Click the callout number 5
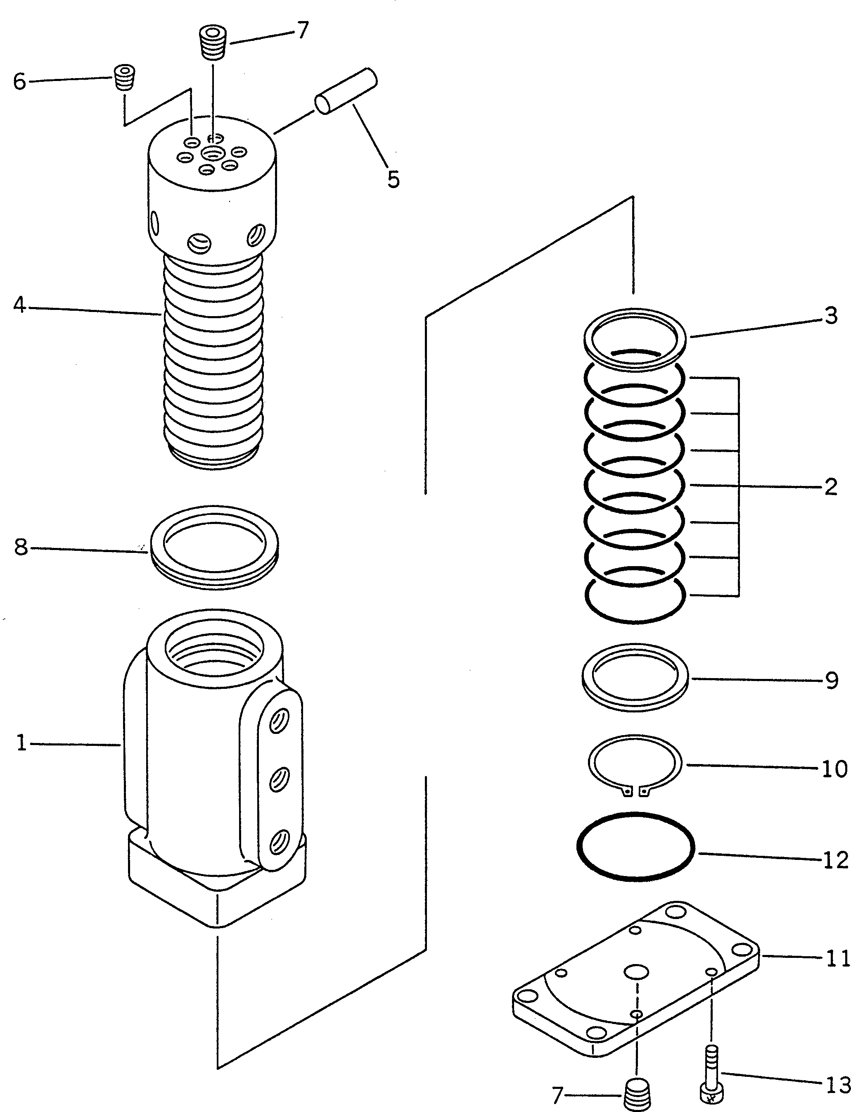pos(393,179)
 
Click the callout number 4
pos(19,305)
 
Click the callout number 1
pos(21,743)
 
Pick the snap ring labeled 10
pos(635,766)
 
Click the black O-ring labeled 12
pos(636,853)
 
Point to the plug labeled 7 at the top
pos(212,43)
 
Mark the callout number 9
pos(832,681)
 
